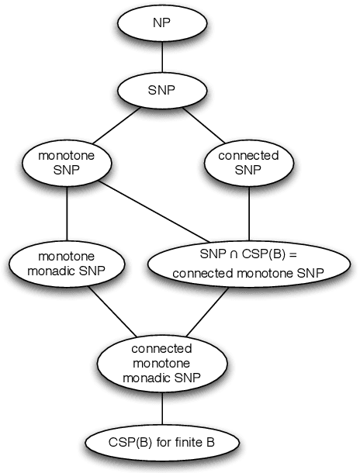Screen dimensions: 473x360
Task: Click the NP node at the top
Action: [x=161, y=24]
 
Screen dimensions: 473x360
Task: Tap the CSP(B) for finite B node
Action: [x=161, y=444]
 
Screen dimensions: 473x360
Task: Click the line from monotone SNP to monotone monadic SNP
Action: [x=67, y=213]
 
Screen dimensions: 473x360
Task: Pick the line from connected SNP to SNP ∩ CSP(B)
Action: [x=248, y=213]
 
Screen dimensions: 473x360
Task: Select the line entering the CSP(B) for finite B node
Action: [x=161, y=409]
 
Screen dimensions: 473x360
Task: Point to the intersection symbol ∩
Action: [x=224, y=254]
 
